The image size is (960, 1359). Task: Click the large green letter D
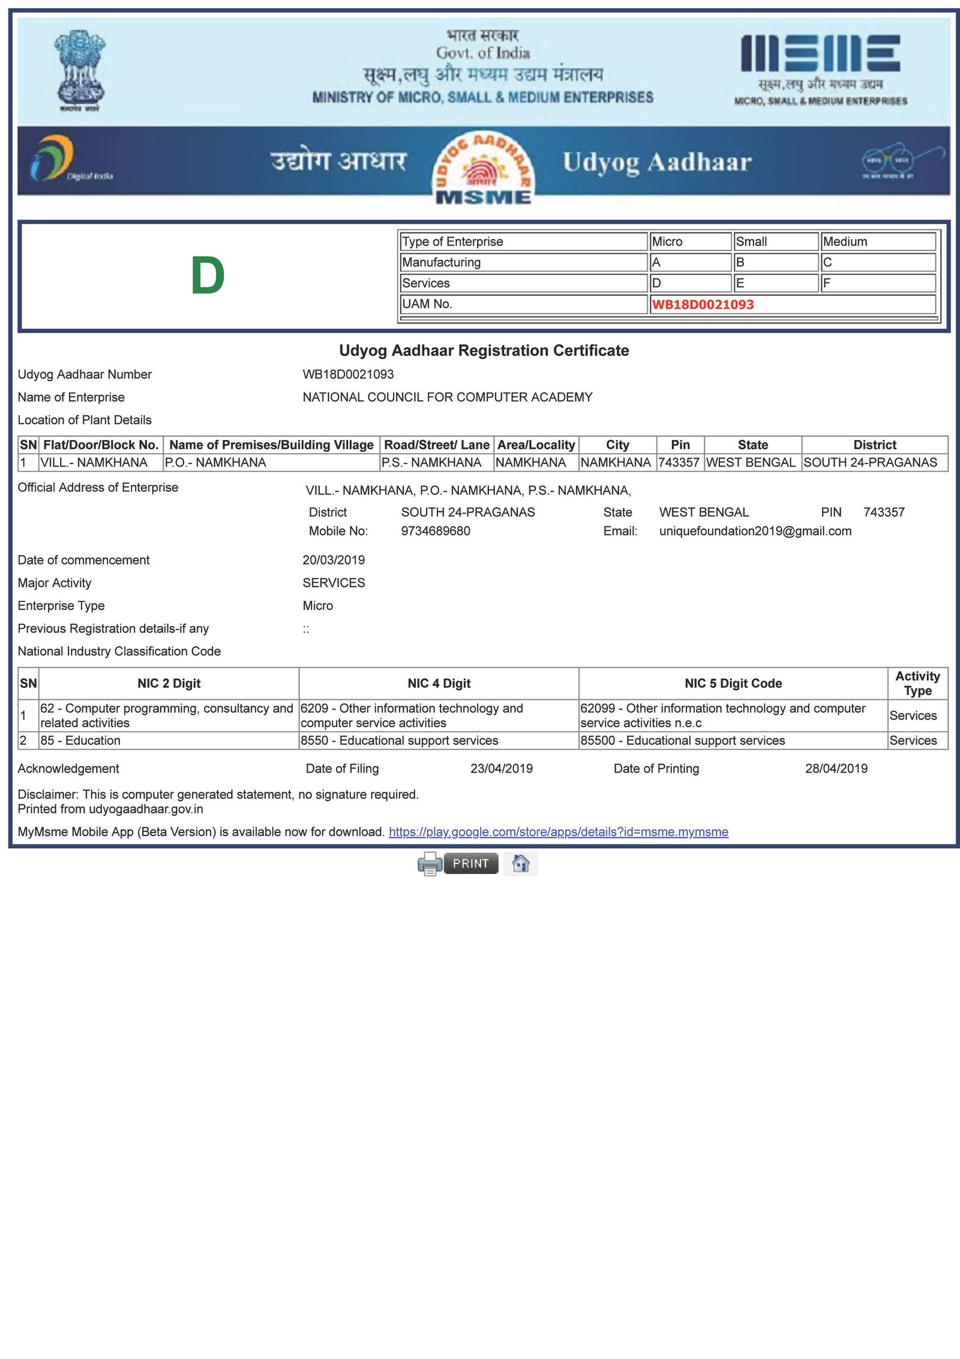coord(208,276)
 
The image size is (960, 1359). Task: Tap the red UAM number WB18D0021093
coord(703,304)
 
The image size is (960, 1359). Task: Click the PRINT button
coord(470,863)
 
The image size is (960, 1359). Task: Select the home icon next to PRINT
coord(520,863)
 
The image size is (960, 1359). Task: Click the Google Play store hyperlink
coord(558,832)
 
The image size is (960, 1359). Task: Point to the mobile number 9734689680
coord(436,531)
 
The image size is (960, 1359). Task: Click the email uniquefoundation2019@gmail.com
coord(755,531)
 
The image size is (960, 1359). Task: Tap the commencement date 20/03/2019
coord(334,560)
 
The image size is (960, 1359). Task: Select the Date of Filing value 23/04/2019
coord(502,768)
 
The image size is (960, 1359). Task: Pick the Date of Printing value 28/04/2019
coord(836,768)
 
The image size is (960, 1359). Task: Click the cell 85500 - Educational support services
coord(682,741)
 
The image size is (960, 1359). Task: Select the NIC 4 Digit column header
coord(439,683)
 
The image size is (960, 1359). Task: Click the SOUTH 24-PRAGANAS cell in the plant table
coord(870,463)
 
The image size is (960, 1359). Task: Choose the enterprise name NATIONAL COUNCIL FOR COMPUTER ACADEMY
coord(447,397)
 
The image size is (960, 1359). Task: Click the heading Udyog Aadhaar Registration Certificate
coord(484,351)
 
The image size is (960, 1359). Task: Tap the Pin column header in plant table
coord(680,445)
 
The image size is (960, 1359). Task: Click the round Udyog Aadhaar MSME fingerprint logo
coord(483,168)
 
